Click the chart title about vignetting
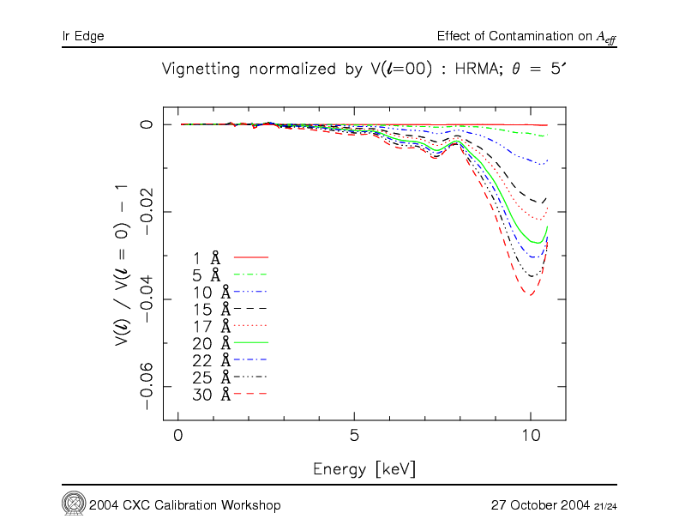364,70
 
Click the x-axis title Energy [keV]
364,469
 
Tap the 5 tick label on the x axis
354,435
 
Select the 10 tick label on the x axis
530,435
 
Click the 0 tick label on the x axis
177,435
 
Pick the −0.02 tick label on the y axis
147,212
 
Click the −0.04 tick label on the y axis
147,299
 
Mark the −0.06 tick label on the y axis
147,386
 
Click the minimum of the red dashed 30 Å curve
531,295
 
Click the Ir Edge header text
83,36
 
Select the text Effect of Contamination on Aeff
526,36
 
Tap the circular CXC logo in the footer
73,503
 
